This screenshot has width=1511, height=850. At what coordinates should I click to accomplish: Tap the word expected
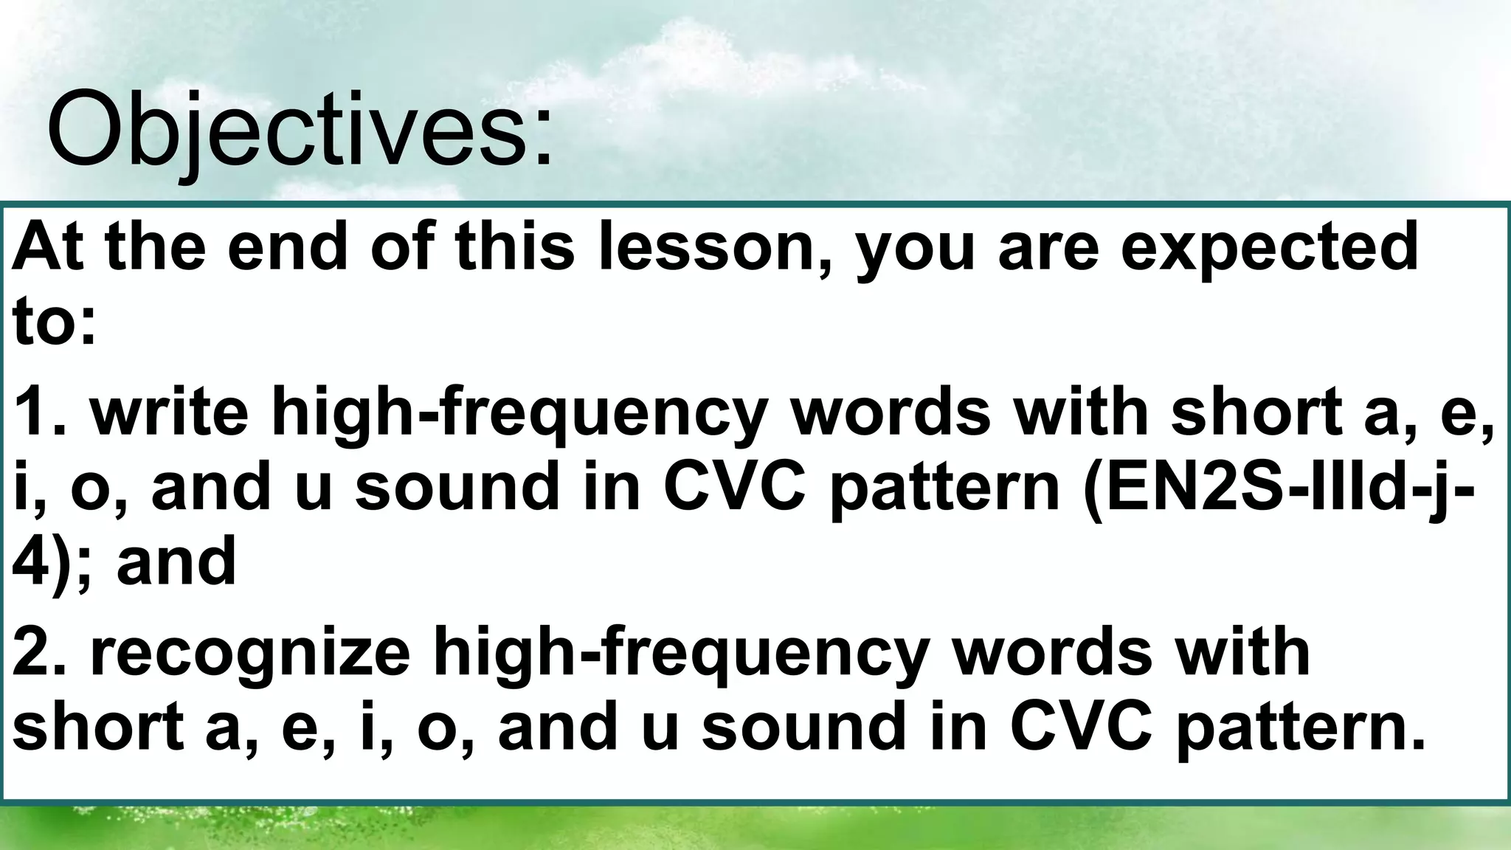pyautogui.click(x=1269, y=249)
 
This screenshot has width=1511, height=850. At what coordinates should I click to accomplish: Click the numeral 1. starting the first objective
pyautogui.click(x=41, y=412)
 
